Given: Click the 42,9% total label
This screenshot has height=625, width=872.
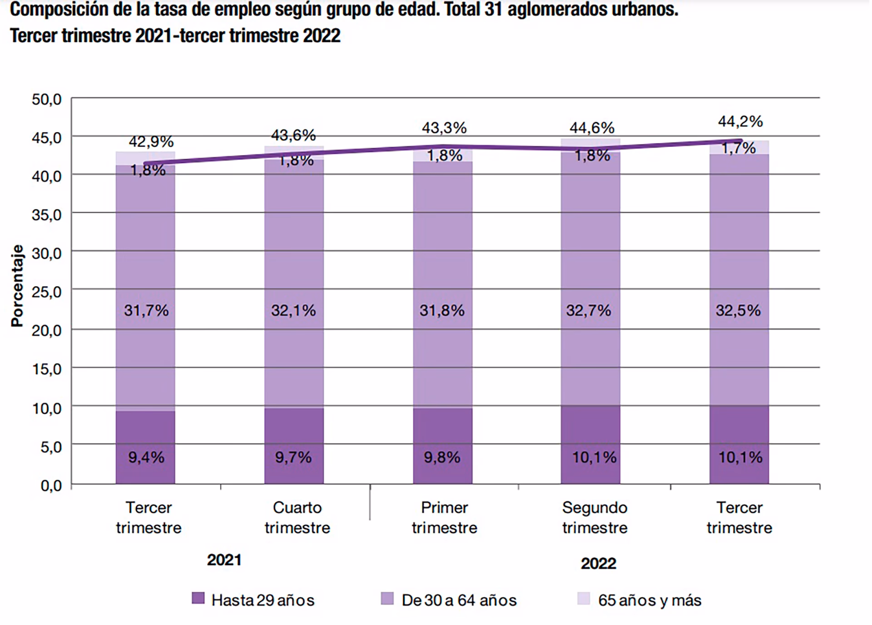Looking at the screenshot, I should pos(151,142).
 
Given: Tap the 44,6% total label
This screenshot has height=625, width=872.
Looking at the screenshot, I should pos(592,128).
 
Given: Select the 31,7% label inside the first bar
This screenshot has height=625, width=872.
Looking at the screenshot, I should pos(146,311).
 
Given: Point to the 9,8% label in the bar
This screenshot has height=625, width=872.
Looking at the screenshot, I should pos(442,457).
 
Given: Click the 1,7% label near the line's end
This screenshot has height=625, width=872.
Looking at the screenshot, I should pos(738,148).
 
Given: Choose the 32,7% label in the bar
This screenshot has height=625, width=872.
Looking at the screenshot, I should pos(589,311).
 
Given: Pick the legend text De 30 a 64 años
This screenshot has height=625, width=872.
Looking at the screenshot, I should pos(459,600).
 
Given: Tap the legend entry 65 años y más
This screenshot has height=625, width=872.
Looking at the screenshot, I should pos(649,600).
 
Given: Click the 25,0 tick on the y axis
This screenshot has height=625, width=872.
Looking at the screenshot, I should pos(46,292).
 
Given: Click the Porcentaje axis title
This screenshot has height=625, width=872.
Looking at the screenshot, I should pos(17,286).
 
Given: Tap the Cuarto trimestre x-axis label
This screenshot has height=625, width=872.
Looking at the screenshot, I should pos(297,517).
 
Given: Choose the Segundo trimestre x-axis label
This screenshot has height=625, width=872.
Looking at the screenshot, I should pos(595,517).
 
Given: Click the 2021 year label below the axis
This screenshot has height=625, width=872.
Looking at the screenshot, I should pos(224,560).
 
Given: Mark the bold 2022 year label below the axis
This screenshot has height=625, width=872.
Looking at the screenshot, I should pos(598,564).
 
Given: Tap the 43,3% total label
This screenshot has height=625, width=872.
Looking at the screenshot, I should pos(444,128).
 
